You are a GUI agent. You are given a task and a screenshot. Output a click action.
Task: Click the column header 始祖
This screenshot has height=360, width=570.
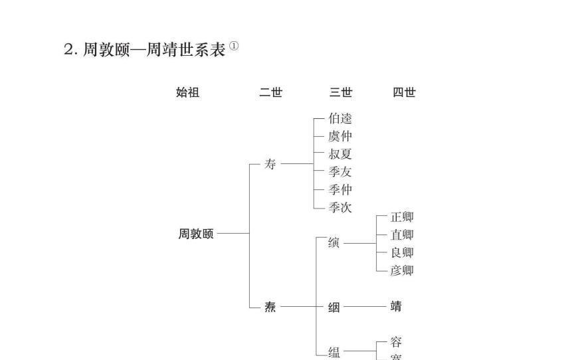(187, 93)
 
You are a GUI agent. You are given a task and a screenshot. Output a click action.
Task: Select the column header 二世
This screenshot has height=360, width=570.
(270, 93)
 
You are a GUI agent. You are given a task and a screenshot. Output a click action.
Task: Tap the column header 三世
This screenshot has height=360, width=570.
(341, 93)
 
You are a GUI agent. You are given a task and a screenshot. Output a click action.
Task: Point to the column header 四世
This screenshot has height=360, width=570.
(404, 93)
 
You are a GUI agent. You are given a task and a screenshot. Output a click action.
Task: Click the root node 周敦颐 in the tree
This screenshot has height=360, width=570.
(196, 234)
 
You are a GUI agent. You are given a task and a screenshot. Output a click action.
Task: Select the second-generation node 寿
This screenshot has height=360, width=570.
(270, 164)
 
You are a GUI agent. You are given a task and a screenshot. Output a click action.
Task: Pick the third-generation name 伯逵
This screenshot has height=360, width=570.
(340, 119)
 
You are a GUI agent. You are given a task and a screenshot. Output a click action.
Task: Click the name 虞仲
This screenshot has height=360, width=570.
(340, 137)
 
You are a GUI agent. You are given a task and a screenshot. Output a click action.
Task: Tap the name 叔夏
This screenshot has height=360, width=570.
(340, 154)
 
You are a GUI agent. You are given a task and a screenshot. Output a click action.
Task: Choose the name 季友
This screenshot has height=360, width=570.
(340, 172)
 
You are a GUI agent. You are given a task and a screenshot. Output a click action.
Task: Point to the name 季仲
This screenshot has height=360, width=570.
(340, 190)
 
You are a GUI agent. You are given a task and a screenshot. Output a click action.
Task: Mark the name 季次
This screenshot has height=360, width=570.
(340, 208)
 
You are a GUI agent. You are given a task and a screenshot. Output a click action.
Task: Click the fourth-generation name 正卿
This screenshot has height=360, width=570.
(402, 217)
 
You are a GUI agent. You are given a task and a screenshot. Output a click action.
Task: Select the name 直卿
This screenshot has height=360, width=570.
(402, 234)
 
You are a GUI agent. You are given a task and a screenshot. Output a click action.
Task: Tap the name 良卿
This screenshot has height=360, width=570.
(402, 252)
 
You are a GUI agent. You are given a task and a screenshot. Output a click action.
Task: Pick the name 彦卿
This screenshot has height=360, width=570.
(402, 270)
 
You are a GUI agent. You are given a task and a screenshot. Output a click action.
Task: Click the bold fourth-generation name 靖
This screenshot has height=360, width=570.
(396, 307)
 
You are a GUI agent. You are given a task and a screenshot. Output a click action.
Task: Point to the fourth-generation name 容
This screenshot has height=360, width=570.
(396, 343)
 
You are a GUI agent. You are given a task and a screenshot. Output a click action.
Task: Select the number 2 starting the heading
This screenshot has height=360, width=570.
(68, 50)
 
